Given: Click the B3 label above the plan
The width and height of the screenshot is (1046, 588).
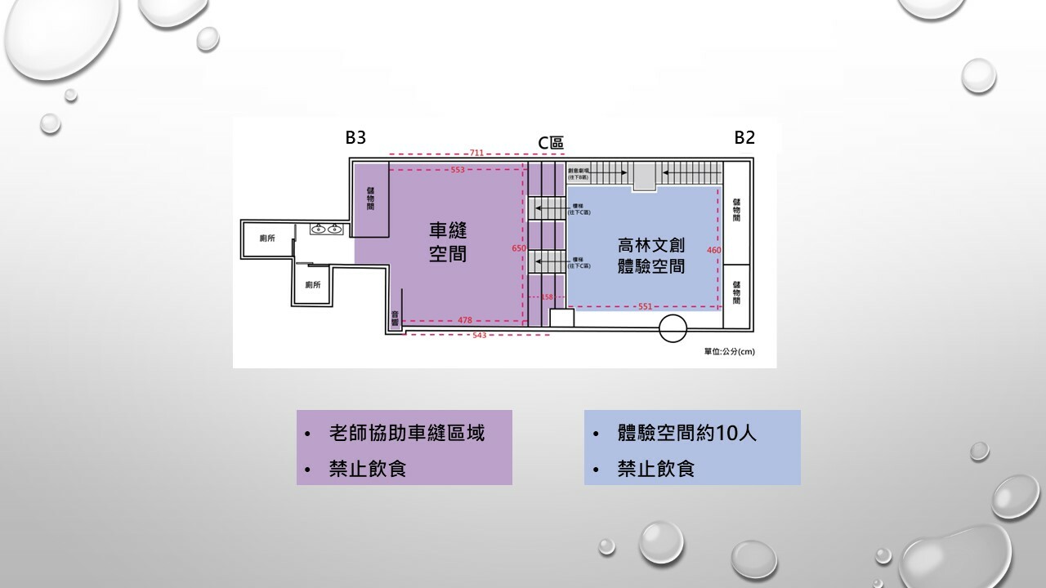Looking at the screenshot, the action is (x=355, y=138).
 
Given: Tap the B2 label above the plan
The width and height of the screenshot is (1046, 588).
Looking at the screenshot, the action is (x=744, y=138).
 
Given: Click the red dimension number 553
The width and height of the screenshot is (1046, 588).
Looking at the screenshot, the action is (x=458, y=170).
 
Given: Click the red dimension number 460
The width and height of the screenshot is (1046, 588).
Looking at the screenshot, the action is (x=713, y=250).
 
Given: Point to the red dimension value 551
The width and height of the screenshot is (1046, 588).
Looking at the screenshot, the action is (x=645, y=306).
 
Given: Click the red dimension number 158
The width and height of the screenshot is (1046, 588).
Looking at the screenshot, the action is (x=548, y=297).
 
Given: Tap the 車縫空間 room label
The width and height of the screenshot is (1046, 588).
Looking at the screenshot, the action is (x=448, y=242).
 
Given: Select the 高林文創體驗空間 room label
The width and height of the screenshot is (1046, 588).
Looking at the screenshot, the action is (x=650, y=255).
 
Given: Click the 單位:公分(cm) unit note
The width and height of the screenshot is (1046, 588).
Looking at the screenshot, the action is (x=729, y=352).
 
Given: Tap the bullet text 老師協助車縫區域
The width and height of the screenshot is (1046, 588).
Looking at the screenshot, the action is (x=407, y=433).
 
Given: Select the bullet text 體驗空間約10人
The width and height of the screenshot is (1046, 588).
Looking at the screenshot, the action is (x=687, y=433).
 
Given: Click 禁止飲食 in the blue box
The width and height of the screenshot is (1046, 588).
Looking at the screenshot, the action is (x=656, y=470).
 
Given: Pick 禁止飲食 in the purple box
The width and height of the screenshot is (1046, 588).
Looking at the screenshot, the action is (x=368, y=470).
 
